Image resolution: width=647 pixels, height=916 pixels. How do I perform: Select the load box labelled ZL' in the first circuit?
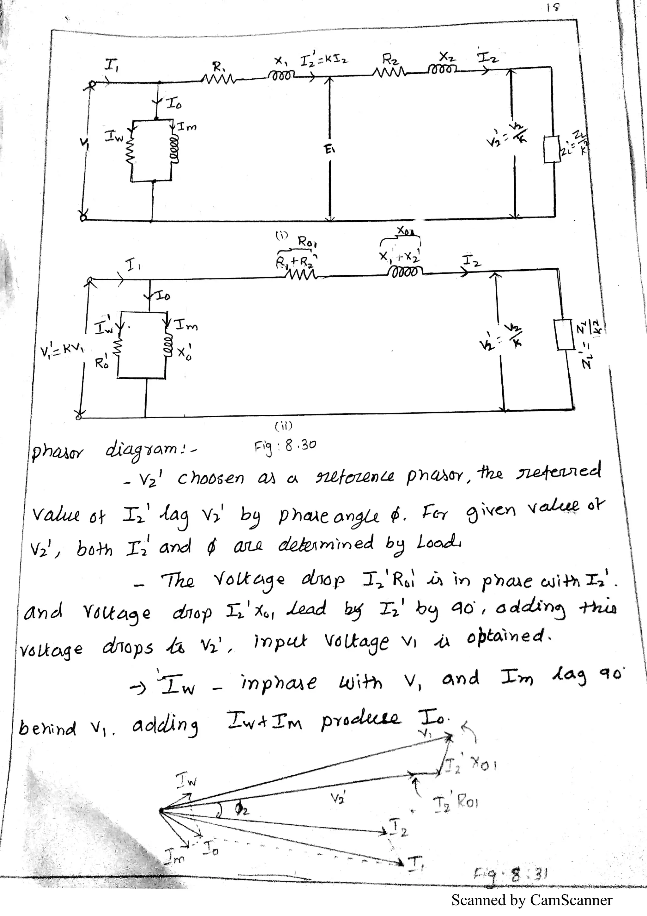pos(553,149)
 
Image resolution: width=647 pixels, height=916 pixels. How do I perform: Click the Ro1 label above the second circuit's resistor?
pos(307,242)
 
